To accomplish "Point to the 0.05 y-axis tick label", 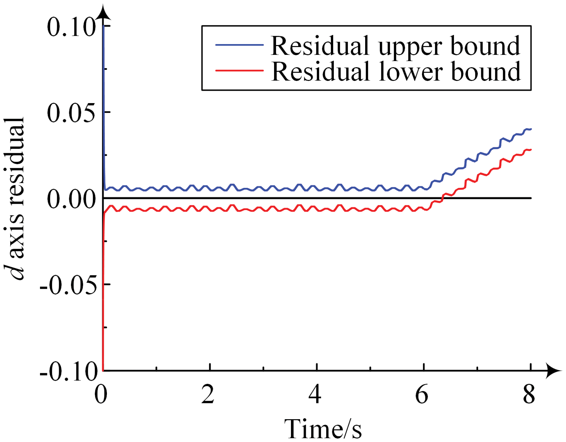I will click(x=71, y=113).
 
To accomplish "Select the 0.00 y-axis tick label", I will click(x=71, y=200).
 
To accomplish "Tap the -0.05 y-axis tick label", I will click(x=68, y=286).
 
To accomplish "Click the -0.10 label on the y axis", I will click(x=68, y=372).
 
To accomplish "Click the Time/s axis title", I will click(x=323, y=429).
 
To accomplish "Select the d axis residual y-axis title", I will click(x=14, y=198).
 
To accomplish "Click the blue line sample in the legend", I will click(x=240, y=45).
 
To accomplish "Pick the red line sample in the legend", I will click(x=240, y=70).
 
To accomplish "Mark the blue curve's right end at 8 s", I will click(x=531, y=129).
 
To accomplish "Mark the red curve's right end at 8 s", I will click(x=531, y=149).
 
